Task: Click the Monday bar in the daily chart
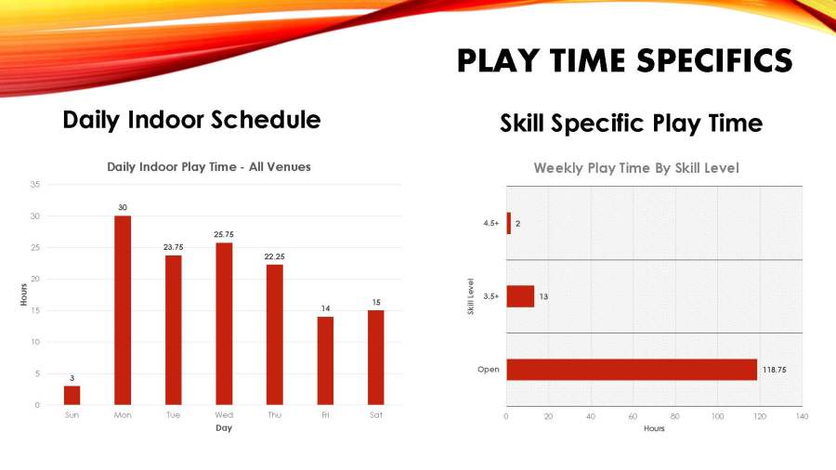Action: click(123, 310)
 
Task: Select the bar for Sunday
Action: click(72, 396)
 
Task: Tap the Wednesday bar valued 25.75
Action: click(224, 324)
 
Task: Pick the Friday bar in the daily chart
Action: click(325, 360)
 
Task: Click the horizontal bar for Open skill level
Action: click(632, 370)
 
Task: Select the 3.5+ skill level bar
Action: click(520, 296)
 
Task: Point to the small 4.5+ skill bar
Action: click(509, 223)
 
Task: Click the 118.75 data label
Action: click(774, 370)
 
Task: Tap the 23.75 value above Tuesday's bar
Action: click(174, 247)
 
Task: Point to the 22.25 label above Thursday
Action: click(275, 257)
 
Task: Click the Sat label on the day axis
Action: click(376, 415)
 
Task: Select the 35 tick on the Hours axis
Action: click(35, 185)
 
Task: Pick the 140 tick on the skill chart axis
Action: click(802, 416)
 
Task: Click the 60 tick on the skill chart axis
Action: click(633, 416)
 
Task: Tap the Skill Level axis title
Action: click(471, 296)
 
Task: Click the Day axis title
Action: click(224, 428)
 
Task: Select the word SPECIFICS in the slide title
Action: click(715, 60)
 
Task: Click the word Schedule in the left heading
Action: click(266, 120)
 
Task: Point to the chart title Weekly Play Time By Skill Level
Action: click(636, 168)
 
